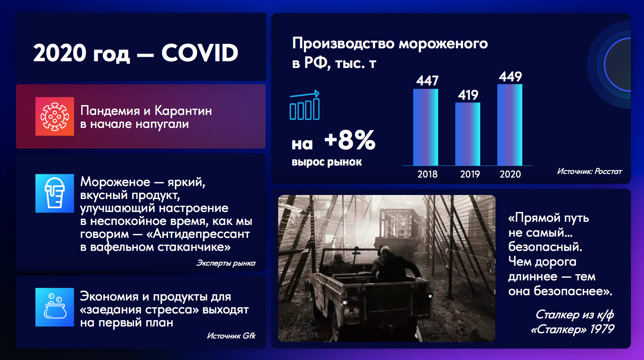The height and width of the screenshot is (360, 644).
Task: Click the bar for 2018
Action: coord(425,127)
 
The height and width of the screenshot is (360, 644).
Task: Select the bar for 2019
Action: coord(467,134)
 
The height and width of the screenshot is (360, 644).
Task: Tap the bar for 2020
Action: coord(510,125)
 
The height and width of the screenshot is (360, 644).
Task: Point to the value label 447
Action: coord(427,80)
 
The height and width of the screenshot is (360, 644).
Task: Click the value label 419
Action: coord(468,95)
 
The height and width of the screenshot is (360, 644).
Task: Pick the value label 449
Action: coord(510,76)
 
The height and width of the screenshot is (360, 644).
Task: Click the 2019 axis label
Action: coord(470,174)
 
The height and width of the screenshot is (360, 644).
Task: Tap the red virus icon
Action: coord(55,116)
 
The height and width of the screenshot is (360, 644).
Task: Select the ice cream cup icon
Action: coord(55,193)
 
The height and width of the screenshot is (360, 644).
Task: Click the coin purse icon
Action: coord(55,307)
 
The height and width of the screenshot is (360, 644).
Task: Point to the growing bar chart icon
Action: coord(304,105)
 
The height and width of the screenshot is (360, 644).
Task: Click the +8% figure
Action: coord(350,140)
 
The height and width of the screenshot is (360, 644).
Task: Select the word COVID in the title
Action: coord(200,53)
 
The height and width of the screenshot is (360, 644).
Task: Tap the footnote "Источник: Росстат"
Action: coord(589,172)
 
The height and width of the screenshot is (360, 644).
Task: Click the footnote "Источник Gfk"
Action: coord(231,336)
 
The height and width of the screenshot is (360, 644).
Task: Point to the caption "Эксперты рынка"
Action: coord(226,263)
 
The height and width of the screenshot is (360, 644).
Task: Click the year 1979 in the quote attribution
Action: coord(602,329)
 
